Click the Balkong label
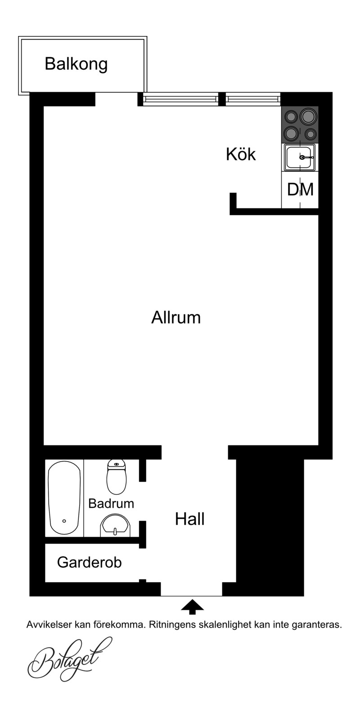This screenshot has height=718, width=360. [76, 64]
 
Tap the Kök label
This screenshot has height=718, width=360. [241, 154]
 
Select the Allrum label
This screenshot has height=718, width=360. [176, 318]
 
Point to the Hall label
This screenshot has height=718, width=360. [190, 519]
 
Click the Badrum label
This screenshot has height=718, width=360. [111, 503]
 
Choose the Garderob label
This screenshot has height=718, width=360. [90, 562]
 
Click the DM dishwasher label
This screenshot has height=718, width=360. [300, 189]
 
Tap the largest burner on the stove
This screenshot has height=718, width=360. [307, 116]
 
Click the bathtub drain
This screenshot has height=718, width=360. [64, 521]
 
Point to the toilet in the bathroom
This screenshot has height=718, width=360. [117, 476]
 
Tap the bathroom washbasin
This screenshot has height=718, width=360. [115, 525]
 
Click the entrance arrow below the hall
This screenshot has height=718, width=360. [192, 607]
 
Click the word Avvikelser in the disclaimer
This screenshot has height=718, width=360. [49, 625]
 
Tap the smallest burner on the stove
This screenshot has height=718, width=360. [310, 134]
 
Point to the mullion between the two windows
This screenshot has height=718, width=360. [222, 99]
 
